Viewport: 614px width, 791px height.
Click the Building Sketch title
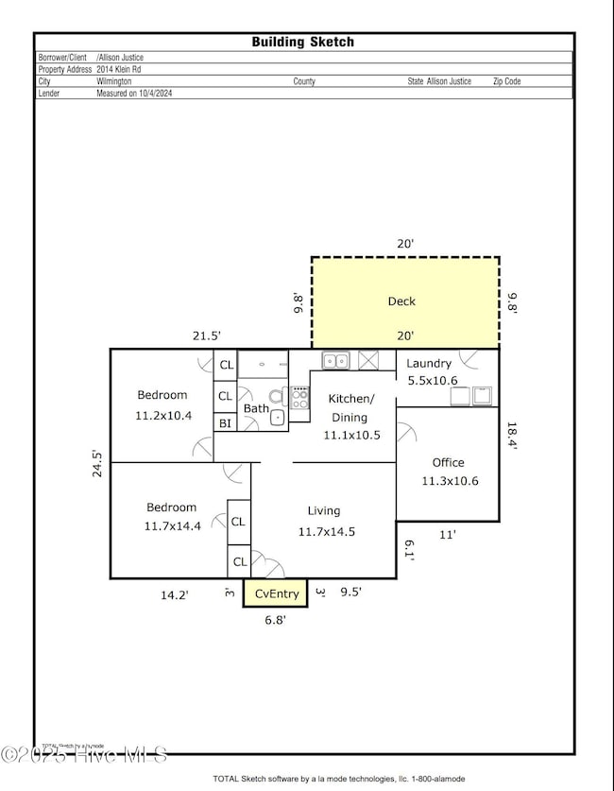coord(303,42)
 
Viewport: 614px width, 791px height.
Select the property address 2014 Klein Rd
coord(134,69)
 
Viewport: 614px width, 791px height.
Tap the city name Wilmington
coord(114,81)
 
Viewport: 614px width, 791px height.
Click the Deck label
coord(401,301)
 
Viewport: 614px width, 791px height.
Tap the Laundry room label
coord(429,363)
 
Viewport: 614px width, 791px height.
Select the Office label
coord(448,462)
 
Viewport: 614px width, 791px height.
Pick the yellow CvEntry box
coord(276,593)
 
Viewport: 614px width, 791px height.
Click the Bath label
coord(256,408)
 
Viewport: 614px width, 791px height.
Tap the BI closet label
coord(225,423)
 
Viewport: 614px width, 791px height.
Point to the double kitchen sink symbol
coord(334,360)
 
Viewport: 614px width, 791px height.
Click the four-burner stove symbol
coord(299,399)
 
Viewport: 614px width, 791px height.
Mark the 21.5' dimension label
coord(206,335)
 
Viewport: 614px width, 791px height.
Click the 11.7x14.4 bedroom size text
coord(172,526)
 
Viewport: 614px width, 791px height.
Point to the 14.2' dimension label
coord(173,595)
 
